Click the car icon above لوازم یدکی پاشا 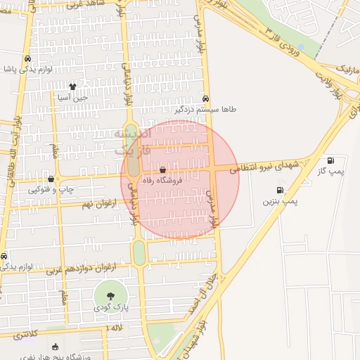(27, 60)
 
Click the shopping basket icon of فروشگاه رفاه (163, 169)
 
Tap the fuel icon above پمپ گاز (330, 160)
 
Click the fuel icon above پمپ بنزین (281, 190)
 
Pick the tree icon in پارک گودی (111, 294)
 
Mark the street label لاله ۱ (115, 328)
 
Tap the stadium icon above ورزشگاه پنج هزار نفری (56, 347)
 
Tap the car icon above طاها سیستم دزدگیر (205, 98)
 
